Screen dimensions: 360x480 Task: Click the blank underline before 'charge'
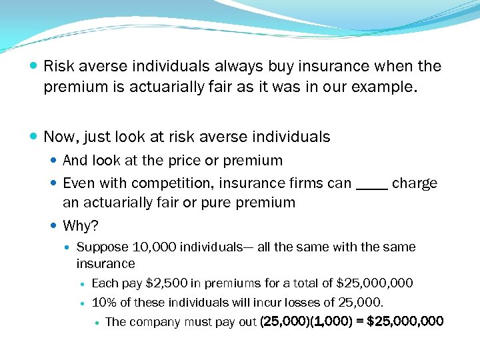pyautogui.click(x=371, y=188)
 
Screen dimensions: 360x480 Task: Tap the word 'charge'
pyautogui.click(x=415, y=183)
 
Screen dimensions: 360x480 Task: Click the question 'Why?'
pyautogui.click(x=80, y=225)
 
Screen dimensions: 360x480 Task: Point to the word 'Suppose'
pyautogui.click(x=100, y=247)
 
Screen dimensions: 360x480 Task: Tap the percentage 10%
pyautogui.click(x=104, y=303)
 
